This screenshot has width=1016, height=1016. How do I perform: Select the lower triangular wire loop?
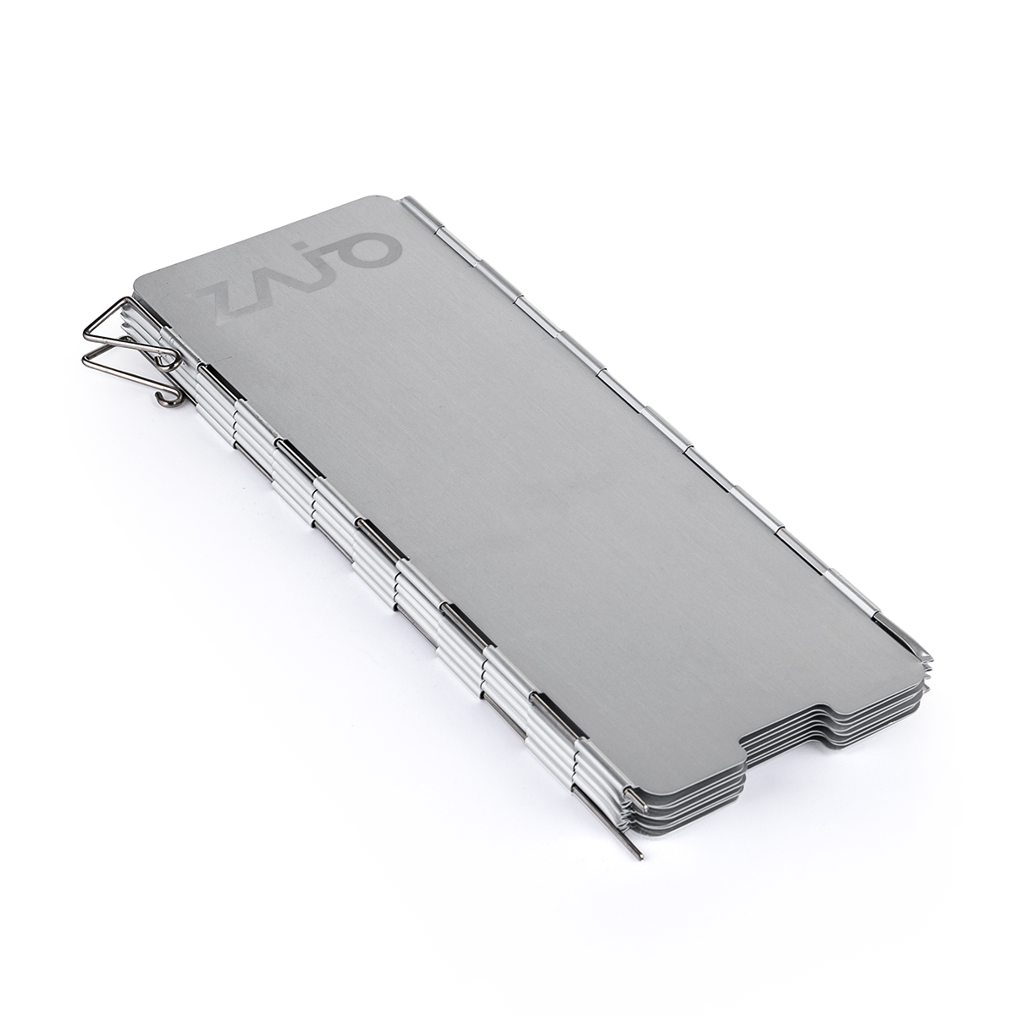point(125,363)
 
